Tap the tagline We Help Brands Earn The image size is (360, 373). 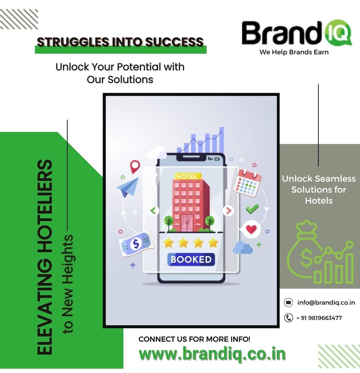(294, 52)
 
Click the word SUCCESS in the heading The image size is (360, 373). (174, 42)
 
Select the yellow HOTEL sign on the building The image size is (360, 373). (188, 176)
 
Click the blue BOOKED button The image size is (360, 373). (191, 259)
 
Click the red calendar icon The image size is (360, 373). (247, 183)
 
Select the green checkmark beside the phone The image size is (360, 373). (252, 209)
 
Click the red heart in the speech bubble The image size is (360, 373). (251, 229)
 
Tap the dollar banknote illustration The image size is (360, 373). (136, 244)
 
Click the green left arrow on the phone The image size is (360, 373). (153, 211)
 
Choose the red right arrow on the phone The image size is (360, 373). (228, 211)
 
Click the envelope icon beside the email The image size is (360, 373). (288, 303)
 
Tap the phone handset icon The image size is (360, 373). (289, 318)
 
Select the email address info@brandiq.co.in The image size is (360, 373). (326, 303)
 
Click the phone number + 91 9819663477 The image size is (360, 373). (319, 318)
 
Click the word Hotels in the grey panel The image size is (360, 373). (319, 201)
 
